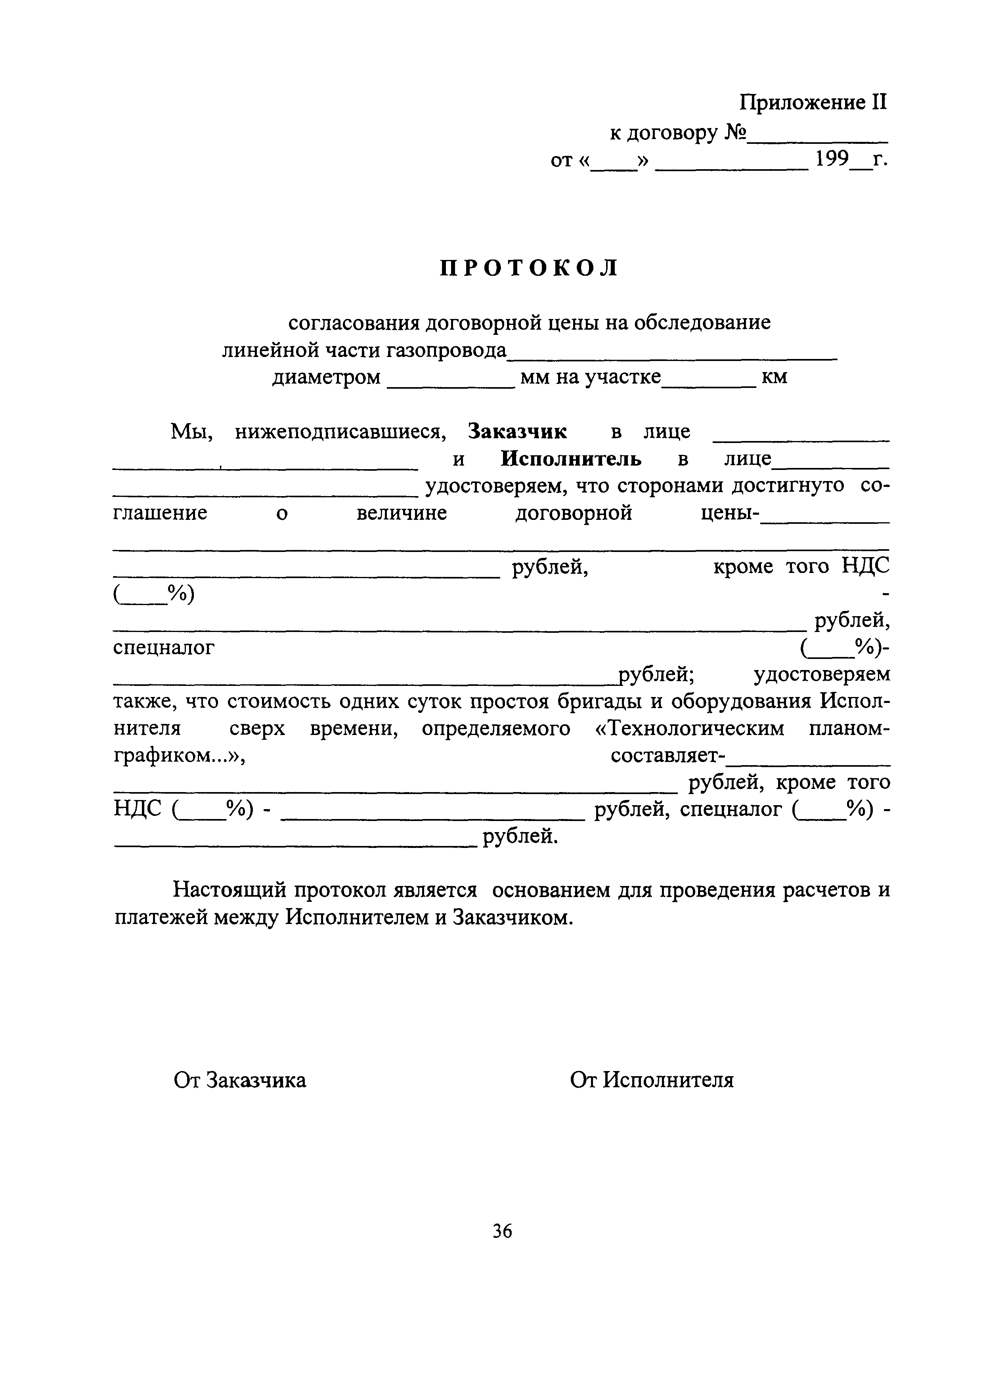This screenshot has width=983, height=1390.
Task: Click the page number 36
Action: click(503, 1231)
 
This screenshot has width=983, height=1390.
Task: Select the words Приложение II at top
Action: click(813, 102)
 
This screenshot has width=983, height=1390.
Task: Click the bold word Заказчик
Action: click(518, 432)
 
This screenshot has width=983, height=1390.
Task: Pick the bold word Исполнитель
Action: click(571, 459)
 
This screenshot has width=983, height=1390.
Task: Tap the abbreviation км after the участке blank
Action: click(774, 377)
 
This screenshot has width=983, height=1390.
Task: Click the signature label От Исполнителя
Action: click(652, 1080)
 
